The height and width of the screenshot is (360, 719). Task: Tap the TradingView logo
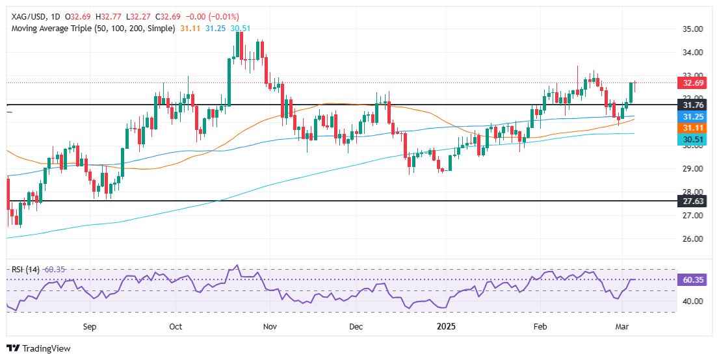(x=39, y=348)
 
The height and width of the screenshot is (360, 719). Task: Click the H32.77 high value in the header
(x=102, y=16)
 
